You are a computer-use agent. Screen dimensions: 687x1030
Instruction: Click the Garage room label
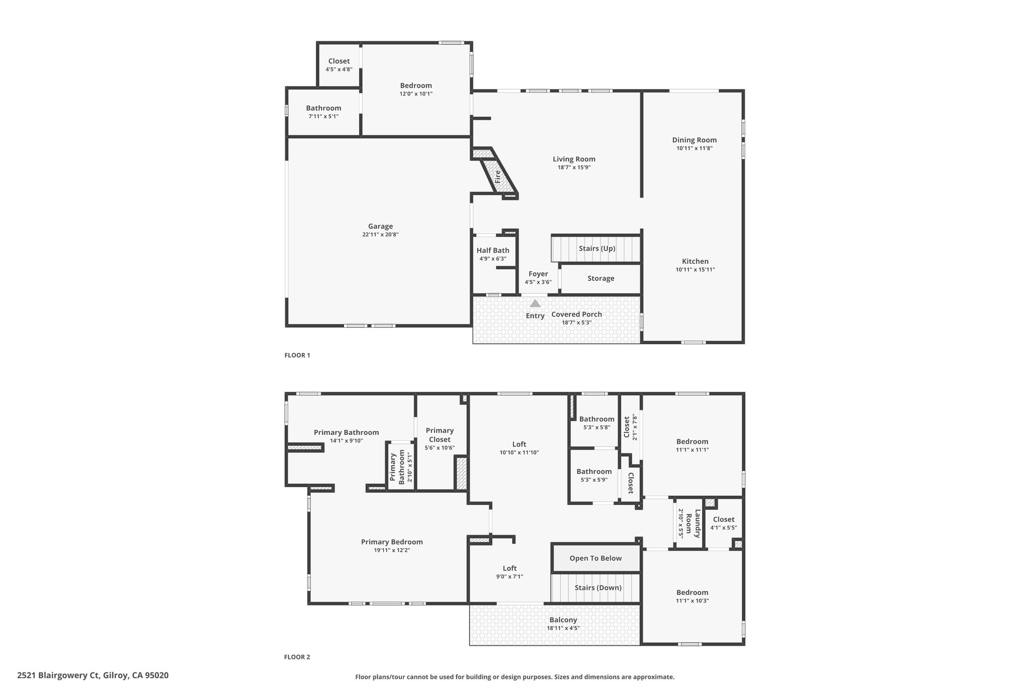point(380,226)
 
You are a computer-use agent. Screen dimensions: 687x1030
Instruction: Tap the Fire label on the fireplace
point(497,176)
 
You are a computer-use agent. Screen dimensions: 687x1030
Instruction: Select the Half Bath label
point(493,251)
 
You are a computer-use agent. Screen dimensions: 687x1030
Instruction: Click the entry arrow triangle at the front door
point(535,303)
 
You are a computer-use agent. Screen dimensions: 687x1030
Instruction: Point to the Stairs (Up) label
point(596,249)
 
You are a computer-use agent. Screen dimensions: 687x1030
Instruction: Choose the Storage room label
point(600,278)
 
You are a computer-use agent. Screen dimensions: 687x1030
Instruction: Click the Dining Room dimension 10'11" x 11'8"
point(694,148)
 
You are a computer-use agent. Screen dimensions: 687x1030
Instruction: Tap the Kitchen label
point(695,261)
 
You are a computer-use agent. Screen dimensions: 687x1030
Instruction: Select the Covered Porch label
point(576,314)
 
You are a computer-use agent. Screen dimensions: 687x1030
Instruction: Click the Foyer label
point(538,274)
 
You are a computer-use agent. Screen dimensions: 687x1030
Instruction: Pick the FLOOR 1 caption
point(297,355)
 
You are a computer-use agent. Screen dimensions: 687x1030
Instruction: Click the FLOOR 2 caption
point(297,657)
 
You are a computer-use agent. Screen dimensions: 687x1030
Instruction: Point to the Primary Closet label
point(440,435)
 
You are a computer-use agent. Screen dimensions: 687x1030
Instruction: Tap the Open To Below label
point(595,558)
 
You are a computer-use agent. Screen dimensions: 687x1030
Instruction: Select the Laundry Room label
point(697,524)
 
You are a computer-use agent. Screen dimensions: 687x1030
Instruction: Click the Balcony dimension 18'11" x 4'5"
point(563,628)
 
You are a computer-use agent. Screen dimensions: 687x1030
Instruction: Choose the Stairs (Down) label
point(598,588)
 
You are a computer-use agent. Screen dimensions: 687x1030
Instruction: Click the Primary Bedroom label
point(392,542)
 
